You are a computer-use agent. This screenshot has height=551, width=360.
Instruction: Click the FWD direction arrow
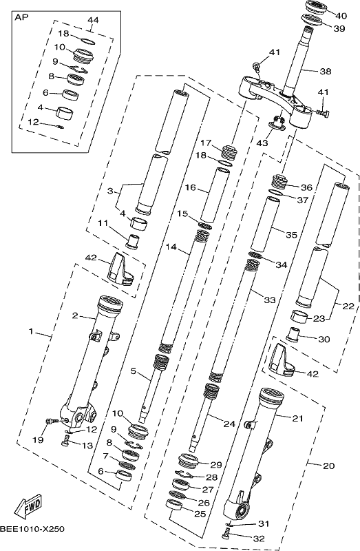(29, 507)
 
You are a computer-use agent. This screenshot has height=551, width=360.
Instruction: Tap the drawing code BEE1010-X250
(32, 528)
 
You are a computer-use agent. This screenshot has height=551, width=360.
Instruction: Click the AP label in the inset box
(22, 18)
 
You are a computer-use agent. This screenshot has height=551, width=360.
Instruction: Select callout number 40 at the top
(341, 15)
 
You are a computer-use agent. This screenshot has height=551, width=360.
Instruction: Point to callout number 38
(326, 72)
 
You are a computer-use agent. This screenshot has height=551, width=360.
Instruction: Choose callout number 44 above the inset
(93, 20)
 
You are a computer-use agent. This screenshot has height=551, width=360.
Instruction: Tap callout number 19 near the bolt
(38, 439)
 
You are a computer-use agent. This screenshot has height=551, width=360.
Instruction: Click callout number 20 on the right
(329, 466)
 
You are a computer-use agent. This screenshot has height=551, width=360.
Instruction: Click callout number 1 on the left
(31, 331)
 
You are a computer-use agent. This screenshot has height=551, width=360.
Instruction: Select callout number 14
(171, 247)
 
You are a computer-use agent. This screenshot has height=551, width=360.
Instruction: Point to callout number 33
(270, 300)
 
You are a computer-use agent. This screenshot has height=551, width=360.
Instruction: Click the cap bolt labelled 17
(229, 152)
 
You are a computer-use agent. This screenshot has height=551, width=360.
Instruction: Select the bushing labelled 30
(293, 334)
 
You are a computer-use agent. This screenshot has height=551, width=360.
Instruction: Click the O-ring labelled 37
(276, 192)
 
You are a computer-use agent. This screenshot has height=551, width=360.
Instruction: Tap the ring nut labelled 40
(316, 8)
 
